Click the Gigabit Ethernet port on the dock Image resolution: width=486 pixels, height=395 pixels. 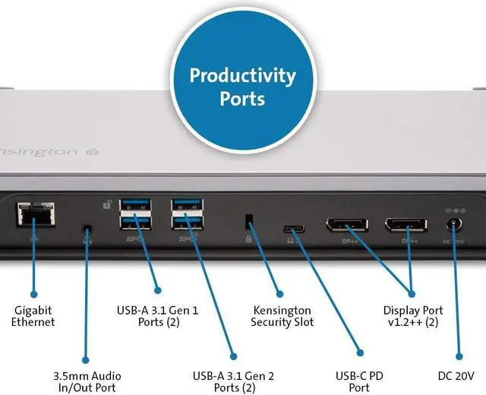(34, 213)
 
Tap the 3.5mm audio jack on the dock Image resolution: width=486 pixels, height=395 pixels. (90, 229)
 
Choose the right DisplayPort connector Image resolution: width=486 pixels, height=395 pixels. (405, 226)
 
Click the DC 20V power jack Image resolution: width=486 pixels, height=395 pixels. (455, 226)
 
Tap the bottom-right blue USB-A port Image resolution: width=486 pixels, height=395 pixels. (187, 223)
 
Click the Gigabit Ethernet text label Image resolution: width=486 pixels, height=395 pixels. (34, 316)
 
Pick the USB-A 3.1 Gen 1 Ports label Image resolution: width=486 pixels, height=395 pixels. (157, 316)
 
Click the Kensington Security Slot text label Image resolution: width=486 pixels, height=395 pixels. (282, 316)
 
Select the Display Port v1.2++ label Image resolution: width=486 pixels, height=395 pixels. (413, 316)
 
